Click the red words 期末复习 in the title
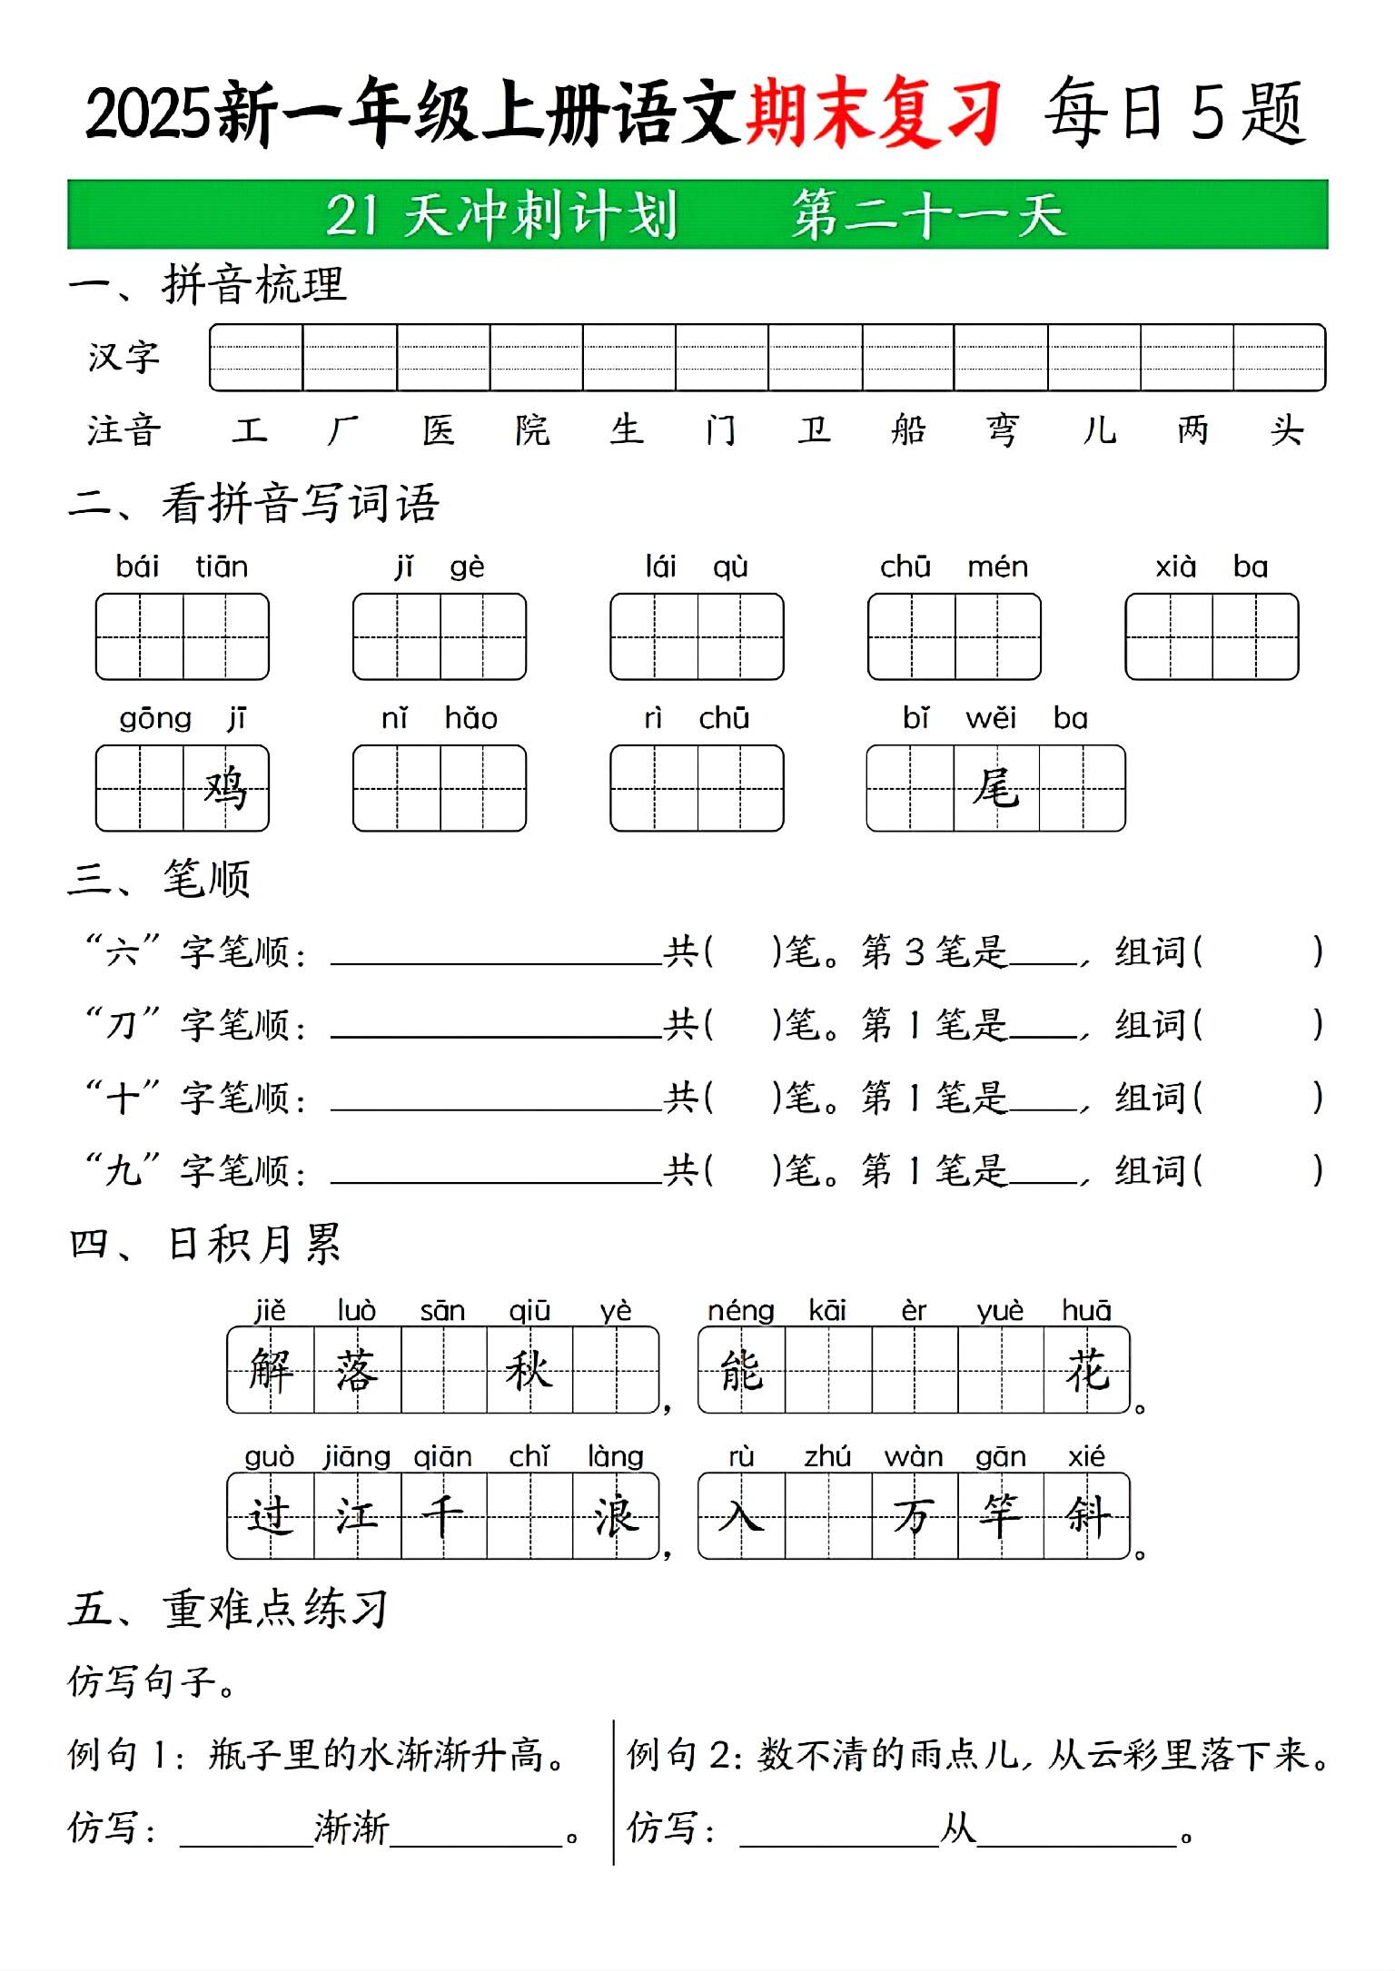(873, 113)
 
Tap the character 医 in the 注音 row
(439, 429)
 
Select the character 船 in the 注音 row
(908, 429)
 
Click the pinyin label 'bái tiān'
(182, 567)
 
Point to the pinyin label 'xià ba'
(1211, 567)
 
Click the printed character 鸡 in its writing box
(225, 788)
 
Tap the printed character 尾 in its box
(995, 788)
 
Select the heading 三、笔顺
(159, 879)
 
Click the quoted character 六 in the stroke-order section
(122, 952)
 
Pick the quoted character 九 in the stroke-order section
(122, 1170)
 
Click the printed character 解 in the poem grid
(271, 1370)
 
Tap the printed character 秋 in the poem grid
(529, 1370)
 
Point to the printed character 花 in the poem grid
(1087, 1370)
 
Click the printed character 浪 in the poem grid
(616, 1516)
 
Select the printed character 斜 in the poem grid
(1087, 1516)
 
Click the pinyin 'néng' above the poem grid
(740, 1311)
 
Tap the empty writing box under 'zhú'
(827, 1516)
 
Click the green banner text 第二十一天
(927, 215)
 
